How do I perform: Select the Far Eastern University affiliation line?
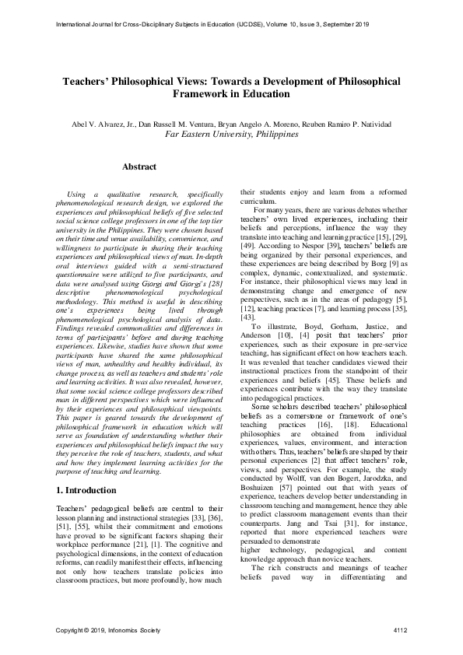tap(232, 135)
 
